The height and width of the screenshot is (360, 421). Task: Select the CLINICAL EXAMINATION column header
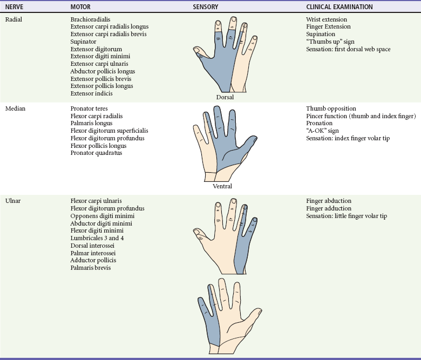339,8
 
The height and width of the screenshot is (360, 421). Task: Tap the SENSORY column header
206,8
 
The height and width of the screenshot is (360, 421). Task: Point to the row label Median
15,108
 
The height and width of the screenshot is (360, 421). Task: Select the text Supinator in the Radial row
83,42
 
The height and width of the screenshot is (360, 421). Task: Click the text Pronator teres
89,108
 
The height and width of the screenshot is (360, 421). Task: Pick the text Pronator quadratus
96,153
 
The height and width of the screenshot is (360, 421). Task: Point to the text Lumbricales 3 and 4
97,237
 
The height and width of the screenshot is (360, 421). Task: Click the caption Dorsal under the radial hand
225,98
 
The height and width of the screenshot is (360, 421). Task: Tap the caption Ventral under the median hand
222,186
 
